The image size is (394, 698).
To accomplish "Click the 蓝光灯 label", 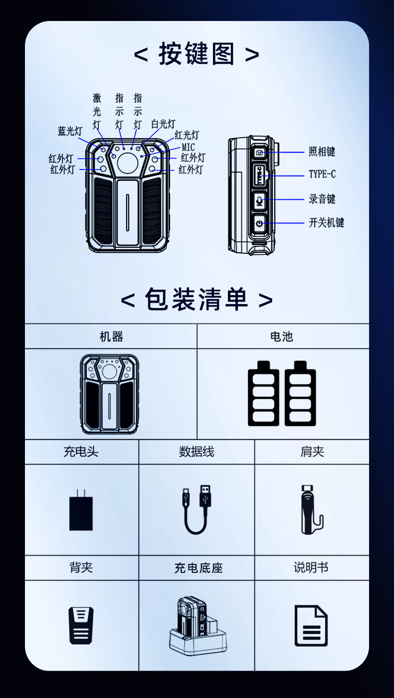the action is (x=70, y=131).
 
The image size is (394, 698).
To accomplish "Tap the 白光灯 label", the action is (x=164, y=124).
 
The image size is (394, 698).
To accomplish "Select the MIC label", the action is (x=189, y=147).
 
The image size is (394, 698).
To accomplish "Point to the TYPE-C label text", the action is (x=322, y=174).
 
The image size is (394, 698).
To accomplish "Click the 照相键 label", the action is (x=322, y=152).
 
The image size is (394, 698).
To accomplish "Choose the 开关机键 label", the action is (x=326, y=222).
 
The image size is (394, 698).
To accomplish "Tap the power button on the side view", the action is (x=259, y=223).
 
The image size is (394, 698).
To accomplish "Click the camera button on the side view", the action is (x=259, y=153).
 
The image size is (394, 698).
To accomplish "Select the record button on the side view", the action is (x=259, y=200).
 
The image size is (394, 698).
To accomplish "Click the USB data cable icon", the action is (x=197, y=509).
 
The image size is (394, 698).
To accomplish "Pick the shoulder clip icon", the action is (x=312, y=509).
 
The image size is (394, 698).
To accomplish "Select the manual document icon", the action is (x=311, y=625).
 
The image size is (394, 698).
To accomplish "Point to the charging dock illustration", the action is (x=198, y=624).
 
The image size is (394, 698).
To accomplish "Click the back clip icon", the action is (x=81, y=625).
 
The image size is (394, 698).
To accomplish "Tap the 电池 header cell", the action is (x=283, y=336).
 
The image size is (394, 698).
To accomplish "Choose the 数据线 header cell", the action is (x=197, y=452).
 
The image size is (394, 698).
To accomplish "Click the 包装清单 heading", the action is (x=197, y=299).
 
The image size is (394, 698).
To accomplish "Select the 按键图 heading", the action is (x=197, y=54).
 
